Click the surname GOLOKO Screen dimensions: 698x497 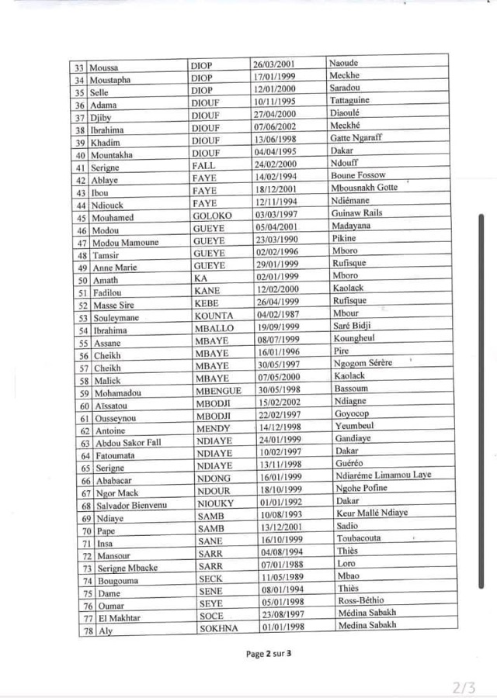point(209,216)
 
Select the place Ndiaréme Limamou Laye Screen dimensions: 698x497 point(380,475)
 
